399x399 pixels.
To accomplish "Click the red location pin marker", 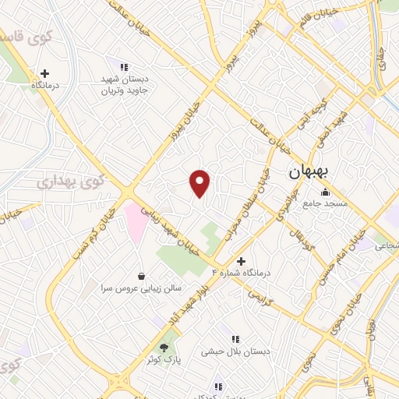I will tap(200, 183).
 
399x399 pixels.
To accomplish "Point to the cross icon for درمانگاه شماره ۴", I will tap(240, 261).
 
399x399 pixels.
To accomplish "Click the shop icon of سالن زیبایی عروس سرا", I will tap(140, 276).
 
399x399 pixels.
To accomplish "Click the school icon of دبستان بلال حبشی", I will tap(235, 339).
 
